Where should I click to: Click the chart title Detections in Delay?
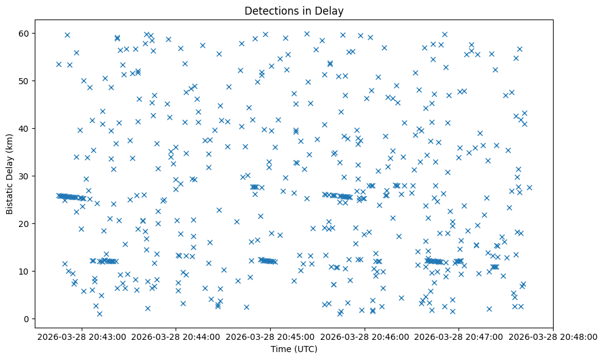[x=294, y=10]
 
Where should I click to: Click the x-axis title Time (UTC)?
[x=294, y=350]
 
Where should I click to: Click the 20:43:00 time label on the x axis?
[x=82, y=336]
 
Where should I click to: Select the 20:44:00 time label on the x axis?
[x=176, y=336]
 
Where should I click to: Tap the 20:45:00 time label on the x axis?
[x=271, y=336]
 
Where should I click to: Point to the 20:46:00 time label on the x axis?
[x=365, y=336]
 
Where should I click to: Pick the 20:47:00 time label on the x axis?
[x=459, y=336]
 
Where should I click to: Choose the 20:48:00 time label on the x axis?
[x=554, y=336]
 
